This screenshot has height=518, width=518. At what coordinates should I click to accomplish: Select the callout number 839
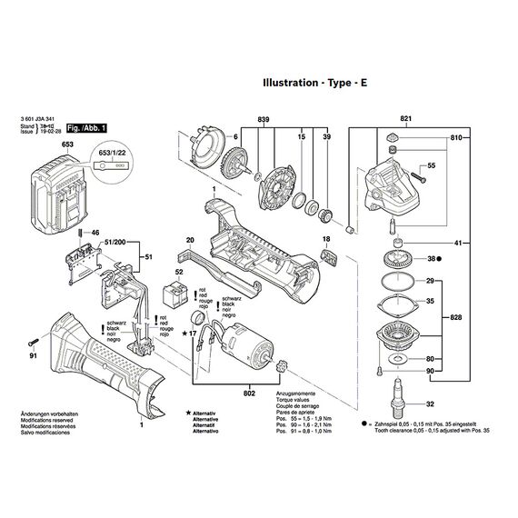pos(264,120)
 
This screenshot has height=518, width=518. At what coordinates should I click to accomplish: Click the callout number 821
pos(405,120)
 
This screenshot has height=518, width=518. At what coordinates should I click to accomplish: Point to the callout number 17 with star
pos(190,334)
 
